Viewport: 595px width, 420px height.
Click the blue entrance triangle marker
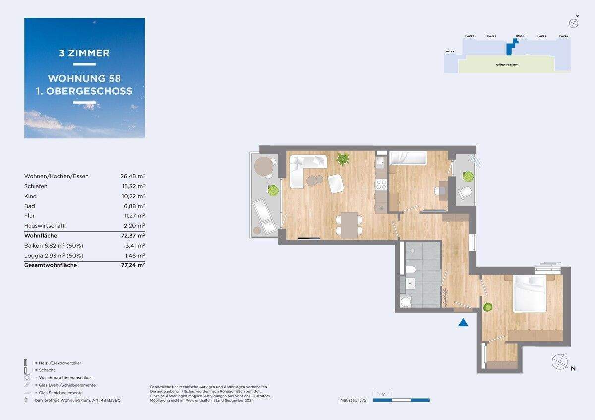[463, 323]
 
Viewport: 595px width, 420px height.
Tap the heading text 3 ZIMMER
[84, 53]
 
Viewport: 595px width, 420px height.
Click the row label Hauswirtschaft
[45, 226]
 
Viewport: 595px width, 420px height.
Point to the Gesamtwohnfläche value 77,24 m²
[133, 265]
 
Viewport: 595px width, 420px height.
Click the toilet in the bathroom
[410, 270]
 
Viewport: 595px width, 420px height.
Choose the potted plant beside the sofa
[343, 158]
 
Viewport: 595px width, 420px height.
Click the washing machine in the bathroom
[406, 302]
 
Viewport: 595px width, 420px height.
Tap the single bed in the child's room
[408, 158]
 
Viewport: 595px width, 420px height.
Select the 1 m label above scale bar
[382, 394]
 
